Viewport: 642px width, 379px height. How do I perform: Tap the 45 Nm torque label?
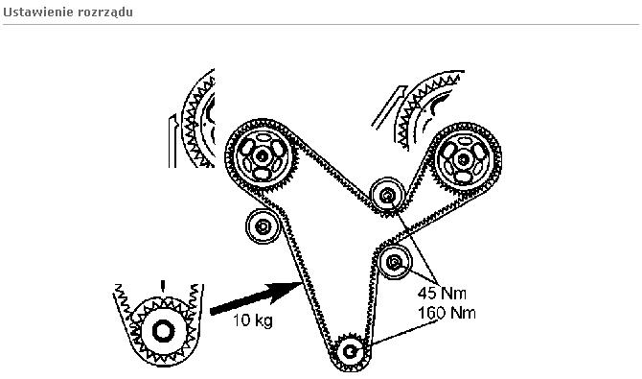[x=442, y=293]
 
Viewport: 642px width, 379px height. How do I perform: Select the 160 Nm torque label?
[x=447, y=313]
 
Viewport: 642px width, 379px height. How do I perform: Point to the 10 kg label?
[x=253, y=320]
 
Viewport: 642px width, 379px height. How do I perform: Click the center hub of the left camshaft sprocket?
[x=262, y=155]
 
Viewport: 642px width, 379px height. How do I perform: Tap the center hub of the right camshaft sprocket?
[x=463, y=159]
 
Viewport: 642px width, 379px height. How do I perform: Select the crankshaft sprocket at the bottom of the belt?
[x=350, y=351]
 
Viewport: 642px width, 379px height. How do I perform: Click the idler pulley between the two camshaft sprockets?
[x=387, y=196]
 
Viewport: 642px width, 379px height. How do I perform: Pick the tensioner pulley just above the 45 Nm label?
[x=394, y=262]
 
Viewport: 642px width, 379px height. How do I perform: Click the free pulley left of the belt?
[x=263, y=226]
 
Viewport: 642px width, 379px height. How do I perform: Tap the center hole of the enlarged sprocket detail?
[x=163, y=331]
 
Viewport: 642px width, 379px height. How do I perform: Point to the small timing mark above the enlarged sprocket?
[x=163, y=286]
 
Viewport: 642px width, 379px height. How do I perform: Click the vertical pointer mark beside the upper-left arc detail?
[x=172, y=141]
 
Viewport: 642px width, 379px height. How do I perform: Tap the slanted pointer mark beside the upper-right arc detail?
[x=388, y=107]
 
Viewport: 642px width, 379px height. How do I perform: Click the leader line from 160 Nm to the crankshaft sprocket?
[x=404, y=333]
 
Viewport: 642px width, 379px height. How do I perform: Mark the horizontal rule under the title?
[x=321, y=24]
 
